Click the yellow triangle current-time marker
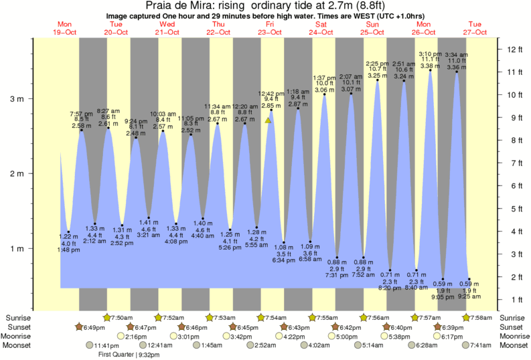pyautogui.click(x=268, y=120)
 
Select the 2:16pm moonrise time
pyautogui.click(x=137, y=336)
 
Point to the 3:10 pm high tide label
pyautogui.click(x=429, y=53)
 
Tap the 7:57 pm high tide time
pyautogui.click(x=82, y=114)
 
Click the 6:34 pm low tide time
pyautogui.click(x=285, y=260)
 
